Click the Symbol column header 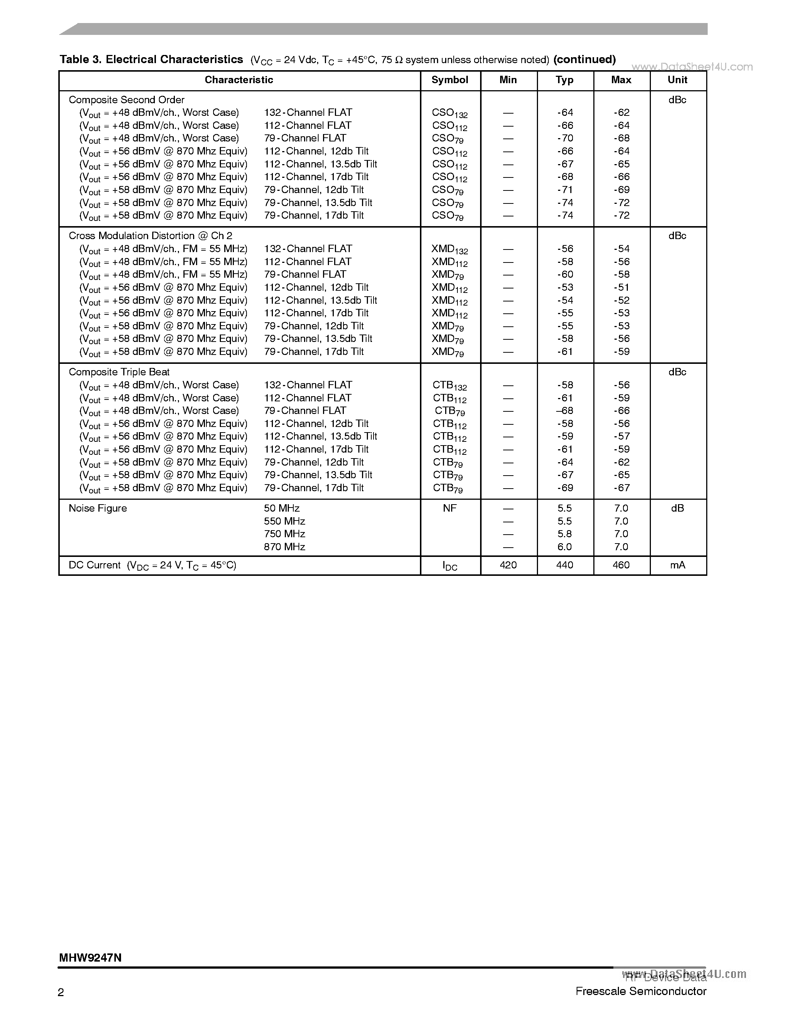point(450,80)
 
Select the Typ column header point(565,80)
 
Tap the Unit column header point(677,80)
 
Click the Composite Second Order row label point(126,100)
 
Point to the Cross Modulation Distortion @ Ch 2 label point(150,236)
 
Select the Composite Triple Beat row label point(119,372)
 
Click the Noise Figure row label point(98,508)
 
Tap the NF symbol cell point(450,508)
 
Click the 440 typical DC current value point(565,565)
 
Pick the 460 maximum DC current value point(621,565)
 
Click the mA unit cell point(677,565)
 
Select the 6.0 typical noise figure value point(565,547)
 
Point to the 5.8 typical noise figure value point(565,534)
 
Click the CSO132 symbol point(450,113)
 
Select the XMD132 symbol point(450,249)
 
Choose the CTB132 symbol point(450,386)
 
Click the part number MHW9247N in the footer point(90,958)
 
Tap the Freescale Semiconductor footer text point(641,991)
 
